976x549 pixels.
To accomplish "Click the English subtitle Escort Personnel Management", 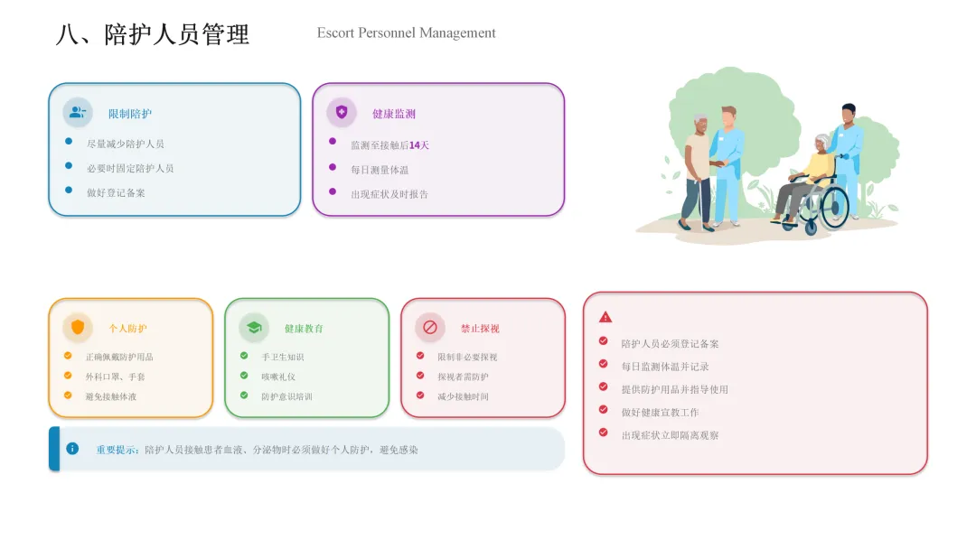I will [406, 33].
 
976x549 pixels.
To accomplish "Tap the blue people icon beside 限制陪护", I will [78, 113].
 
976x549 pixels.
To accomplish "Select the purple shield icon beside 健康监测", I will [342, 113].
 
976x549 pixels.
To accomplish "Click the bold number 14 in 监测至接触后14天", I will [415, 145].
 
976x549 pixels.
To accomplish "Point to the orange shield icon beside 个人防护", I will [78, 327].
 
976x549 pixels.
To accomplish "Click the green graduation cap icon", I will [254, 327].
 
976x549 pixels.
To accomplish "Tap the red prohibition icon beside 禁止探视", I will [430, 327].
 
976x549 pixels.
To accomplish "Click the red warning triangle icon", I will [605, 317].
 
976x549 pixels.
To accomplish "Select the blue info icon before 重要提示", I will [72, 449].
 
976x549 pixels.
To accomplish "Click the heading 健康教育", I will [304, 329].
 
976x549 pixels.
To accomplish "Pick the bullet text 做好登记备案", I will [116, 192].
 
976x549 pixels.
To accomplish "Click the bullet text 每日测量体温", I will [380, 170].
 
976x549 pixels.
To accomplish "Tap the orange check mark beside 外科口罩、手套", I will [68, 376].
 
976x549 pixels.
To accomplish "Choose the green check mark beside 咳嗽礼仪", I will [244, 376].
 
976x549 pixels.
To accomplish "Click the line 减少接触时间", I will [463, 396].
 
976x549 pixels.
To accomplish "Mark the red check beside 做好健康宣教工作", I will [603, 410].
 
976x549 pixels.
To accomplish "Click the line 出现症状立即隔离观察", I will [670, 435].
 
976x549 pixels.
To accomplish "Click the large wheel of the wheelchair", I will [834, 207].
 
